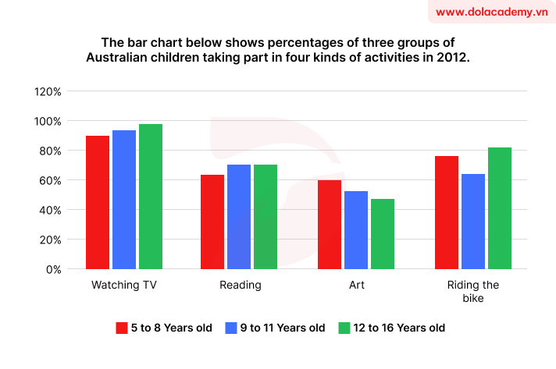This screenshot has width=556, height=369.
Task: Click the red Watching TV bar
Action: (98, 202)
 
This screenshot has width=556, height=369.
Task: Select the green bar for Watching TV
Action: (151, 197)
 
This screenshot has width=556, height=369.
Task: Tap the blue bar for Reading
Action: (240, 217)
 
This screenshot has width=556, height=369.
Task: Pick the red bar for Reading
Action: (213, 222)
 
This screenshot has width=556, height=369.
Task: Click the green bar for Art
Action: (383, 234)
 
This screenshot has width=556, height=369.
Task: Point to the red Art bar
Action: (330, 225)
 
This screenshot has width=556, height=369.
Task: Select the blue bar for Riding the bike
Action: (473, 222)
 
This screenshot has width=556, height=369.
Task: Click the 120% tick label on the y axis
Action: (48, 91)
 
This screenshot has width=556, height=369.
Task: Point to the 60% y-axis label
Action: (50, 180)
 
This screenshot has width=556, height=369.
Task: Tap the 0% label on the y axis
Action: (53, 269)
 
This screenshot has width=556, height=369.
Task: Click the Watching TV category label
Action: (124, 285)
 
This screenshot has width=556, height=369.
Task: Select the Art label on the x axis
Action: (356, 285)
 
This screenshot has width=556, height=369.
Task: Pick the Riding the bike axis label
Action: (473, 292)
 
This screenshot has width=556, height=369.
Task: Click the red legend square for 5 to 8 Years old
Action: (121, 328)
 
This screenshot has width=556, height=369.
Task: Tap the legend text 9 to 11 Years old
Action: (283, 328)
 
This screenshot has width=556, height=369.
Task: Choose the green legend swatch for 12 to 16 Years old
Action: (344, 328)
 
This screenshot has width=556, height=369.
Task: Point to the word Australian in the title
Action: (120, 58)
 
